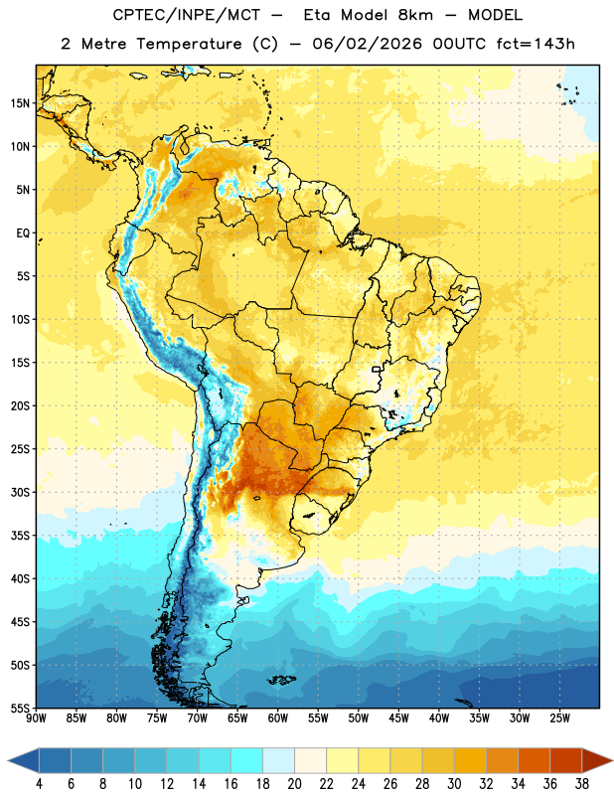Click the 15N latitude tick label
pyautogui.click(x=20, y=103)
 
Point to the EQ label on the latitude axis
pyautogui.click(x=23, y=234)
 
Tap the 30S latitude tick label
pyautogui.click(x=20, y=492)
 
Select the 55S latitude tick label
pyautogui.click(x=20, y=708)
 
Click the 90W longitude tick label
pyautogui.click(x=36, y=718)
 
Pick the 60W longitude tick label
pyautogui.click(x=278, y=718)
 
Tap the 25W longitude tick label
pyautogui.click(x=559, y=718)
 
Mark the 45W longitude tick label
pyautogui.click(x=399, y=718)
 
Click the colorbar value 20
pyautogui.click(x=294, y=784)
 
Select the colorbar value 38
pyautogui.click(x=582, y=784)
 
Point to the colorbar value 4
pyautogui.click(x=39, y=784)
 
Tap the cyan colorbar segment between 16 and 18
pyautogui.click(x=247, y=760)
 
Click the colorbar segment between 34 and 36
pyautogui.click(x=535, y=760)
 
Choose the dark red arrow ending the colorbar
pyautogui.click(x=596, y=760)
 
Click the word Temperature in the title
pyautogui.click(x=189, y=44)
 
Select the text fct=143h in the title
pyautogui.click(x=536, y=44)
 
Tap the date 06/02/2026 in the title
pyautogui.click(x=367, y=44)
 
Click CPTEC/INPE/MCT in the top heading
pyautogui.click(x=186, y=15)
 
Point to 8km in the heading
pyautogui.click(x=415, y=15)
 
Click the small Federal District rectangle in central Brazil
pyautogui.click(x=377, y=369)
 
